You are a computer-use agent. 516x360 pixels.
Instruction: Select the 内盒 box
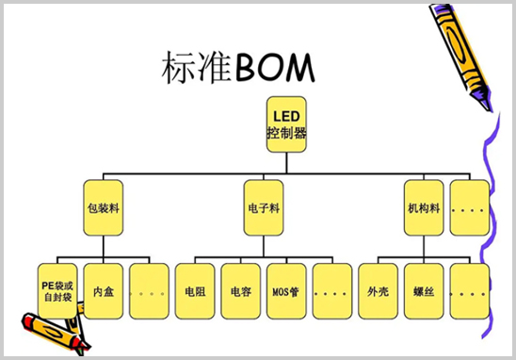pos(104,290)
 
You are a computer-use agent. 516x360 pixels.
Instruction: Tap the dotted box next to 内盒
pos(150,290)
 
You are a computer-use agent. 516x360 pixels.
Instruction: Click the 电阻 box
pos(196,290)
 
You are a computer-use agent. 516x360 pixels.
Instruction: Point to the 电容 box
pos(241,290)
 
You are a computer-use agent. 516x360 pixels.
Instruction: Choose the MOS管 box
pos(286,290)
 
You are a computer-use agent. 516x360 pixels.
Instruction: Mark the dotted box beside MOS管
pos(331,290)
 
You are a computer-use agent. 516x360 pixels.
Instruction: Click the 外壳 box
pos(378,290)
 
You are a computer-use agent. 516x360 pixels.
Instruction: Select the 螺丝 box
pos(424,290)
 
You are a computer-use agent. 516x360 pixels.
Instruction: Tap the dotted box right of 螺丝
pos(469,290)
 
